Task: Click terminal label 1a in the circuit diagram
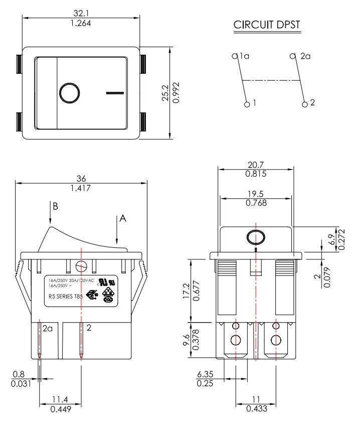coord(244,57)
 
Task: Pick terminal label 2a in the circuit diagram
coord(305,57)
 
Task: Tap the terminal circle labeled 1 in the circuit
coord(247,105)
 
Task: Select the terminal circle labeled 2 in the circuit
coord(305,104)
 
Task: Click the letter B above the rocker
coord(56,206)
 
